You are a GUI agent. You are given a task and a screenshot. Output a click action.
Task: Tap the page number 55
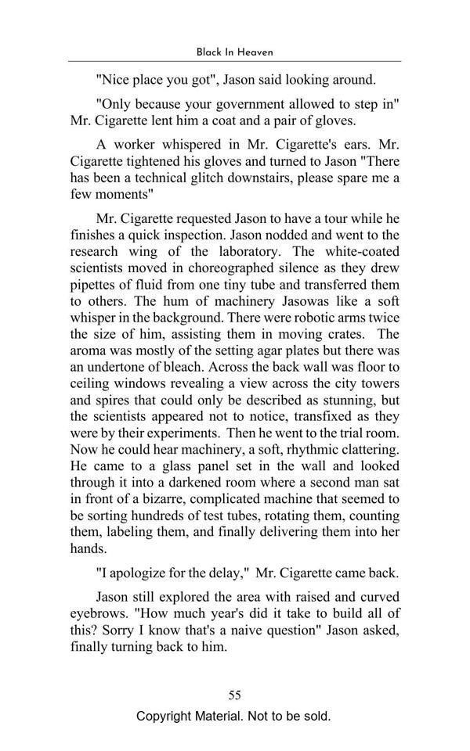[234, 695]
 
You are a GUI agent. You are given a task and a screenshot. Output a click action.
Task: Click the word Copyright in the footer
[167, 716]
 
